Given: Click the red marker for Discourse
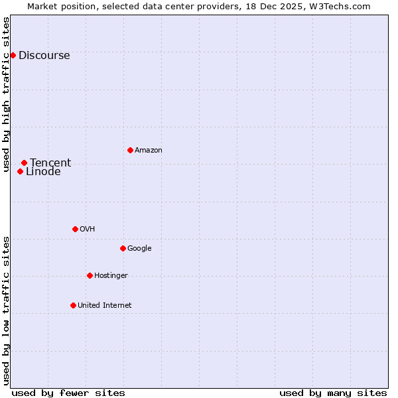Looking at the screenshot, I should point(13,55).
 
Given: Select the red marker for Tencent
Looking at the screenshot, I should point(24,163).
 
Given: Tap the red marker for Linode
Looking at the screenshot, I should point(20,171).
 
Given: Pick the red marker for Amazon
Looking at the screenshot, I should point(130,150).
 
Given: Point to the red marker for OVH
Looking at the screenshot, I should point(75,229).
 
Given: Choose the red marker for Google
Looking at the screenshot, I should point(123,248).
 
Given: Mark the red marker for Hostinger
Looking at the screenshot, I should point(90,275).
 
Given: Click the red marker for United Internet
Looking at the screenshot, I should point(73,305).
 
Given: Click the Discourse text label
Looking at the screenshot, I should point(44,56).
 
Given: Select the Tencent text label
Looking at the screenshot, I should point(50,163).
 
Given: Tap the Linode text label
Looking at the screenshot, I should point(43,172).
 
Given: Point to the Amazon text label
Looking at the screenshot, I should point(149,151).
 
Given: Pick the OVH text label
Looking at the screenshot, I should point(88,230).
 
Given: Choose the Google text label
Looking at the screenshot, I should point(139,249).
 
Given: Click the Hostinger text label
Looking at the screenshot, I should point(111,276).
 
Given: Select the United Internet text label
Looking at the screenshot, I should point(105,306).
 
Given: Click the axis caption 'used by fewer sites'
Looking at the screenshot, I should point(68,393).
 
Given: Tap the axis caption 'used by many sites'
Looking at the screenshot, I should point(333,393).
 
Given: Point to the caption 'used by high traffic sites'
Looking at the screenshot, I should point(7,94).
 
